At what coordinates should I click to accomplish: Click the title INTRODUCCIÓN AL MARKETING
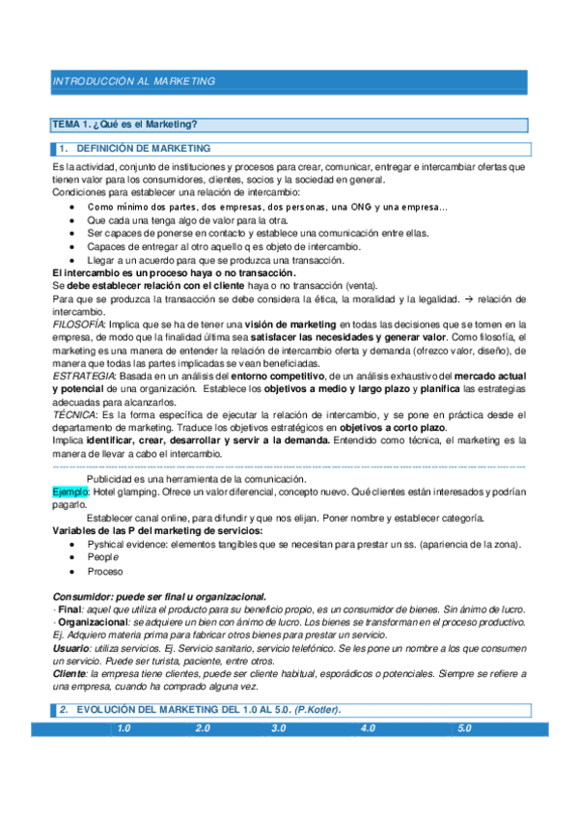click(x=134, y=81)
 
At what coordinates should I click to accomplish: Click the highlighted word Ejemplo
click(x=69, y=492)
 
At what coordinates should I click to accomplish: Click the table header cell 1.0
click(x=124, y=727)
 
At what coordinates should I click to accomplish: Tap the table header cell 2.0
click(x=203, y=727)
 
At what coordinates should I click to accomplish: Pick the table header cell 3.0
click(x=280, y=727)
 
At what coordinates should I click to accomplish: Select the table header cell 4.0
click(x=367, y=727)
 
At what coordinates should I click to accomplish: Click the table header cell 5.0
click(x=465, y=727)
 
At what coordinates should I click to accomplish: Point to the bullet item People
click(x=103, y=557)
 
